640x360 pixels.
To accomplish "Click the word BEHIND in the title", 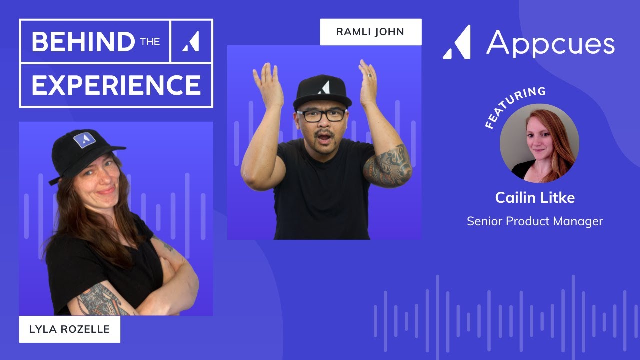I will click(83, 42).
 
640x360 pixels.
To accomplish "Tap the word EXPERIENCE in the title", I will click(116, 85).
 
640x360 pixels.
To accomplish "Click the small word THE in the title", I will click(150, 42).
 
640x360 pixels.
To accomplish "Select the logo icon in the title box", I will click(191, 42).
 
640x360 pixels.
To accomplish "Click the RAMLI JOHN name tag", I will click(370, 32).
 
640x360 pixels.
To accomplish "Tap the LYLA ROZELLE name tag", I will click(69, 329).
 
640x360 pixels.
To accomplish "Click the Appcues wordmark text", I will click(550, 43).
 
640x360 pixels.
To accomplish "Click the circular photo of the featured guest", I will click(539, 143).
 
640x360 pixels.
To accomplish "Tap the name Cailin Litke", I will click(535, 198).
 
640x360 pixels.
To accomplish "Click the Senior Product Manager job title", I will click(535, 221).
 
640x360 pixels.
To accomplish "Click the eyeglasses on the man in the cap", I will click(321, 115).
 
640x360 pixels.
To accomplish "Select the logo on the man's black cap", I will click(323, 87).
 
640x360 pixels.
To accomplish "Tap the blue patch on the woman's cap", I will click(84, 140).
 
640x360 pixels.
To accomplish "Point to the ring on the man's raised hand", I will click(369, 76).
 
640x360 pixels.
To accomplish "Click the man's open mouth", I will click(323, 135).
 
